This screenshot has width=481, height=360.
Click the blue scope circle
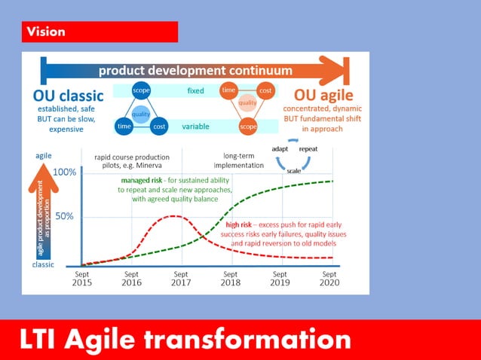click(141, 90)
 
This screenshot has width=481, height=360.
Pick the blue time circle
click(124, 127)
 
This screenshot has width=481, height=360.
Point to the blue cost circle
click(158, 127)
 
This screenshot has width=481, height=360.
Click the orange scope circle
click(248, 127)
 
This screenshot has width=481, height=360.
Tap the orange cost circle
click(265, 90)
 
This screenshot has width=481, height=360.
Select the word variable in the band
click(195, 127)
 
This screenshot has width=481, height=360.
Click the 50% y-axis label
click(66, 217)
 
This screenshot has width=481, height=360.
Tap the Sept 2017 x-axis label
click(181, 279)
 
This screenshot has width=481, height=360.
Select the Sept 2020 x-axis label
click(329, 279)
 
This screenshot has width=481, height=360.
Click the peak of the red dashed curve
click(175, 216)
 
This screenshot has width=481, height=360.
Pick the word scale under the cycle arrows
click(294, 170)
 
